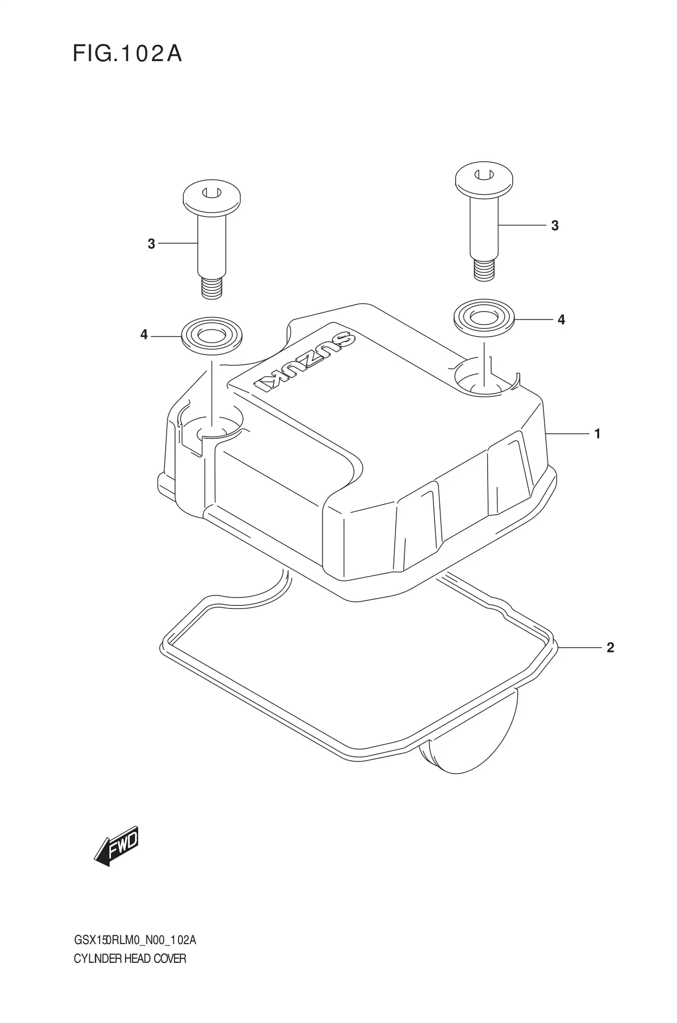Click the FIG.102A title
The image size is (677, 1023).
127,54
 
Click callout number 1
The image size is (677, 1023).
597,434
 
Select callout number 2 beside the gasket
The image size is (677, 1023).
610,647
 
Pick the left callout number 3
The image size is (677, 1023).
151,244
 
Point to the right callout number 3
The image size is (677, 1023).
555,226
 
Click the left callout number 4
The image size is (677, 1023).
144,335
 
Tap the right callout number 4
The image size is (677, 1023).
561,320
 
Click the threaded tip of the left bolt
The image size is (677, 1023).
212,288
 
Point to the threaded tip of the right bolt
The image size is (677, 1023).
483,271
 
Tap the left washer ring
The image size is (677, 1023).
212,336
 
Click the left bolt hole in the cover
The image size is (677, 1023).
212,427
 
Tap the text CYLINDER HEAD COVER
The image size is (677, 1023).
130,959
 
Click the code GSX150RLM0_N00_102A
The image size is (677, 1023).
135,941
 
